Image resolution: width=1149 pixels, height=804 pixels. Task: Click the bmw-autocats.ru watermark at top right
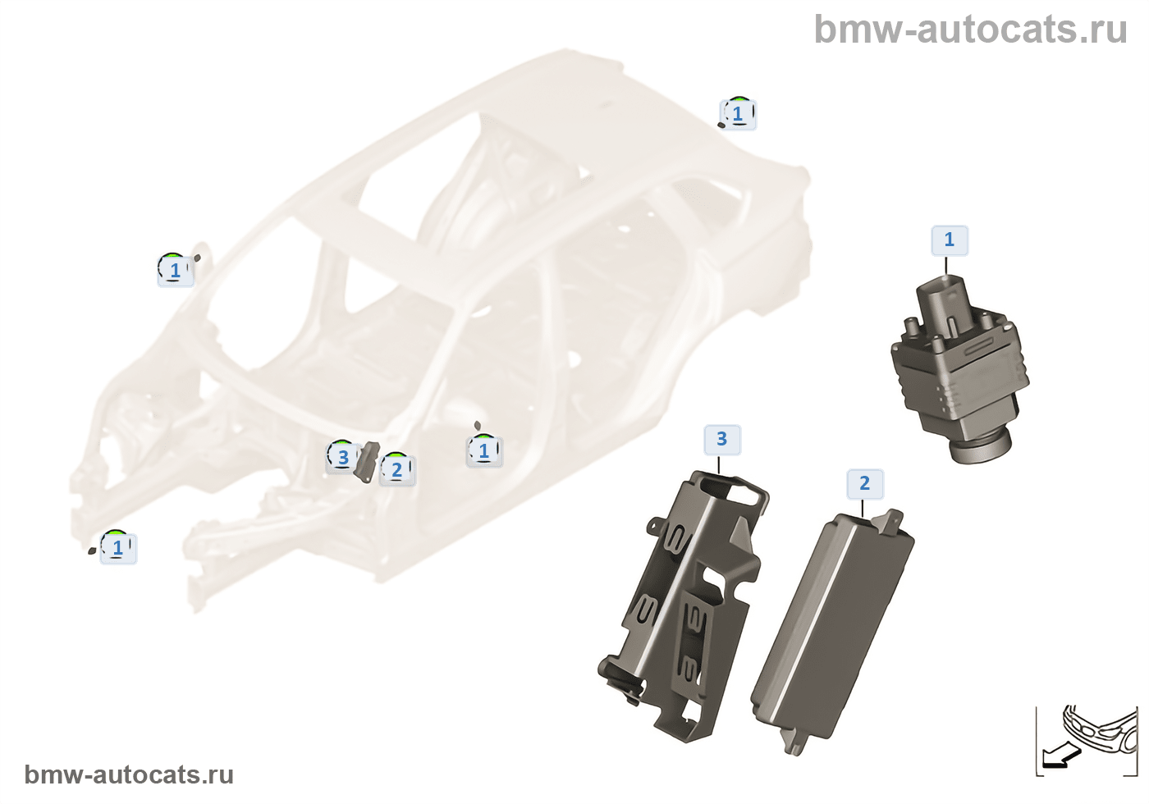coord(970,30)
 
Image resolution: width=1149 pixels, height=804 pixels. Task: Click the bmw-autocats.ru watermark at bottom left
coord(129,774)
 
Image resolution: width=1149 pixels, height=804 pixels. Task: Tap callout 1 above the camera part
coord(950,240)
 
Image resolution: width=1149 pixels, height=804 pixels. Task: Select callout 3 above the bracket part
coord(721,439)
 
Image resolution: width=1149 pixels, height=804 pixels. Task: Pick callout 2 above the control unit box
coord(864,483)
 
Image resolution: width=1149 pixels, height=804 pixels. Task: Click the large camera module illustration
coord(958,369)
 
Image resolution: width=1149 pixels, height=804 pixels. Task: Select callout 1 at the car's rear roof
coord(738,113)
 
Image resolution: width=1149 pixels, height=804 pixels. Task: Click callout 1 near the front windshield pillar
coord(175,269)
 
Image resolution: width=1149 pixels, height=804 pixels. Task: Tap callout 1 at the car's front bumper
coord(117,547)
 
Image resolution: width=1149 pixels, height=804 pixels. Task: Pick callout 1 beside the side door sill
coord(483,450)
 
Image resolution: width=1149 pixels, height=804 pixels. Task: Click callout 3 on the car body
coord(343,457)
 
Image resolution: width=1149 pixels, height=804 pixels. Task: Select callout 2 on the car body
coord(397,469)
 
